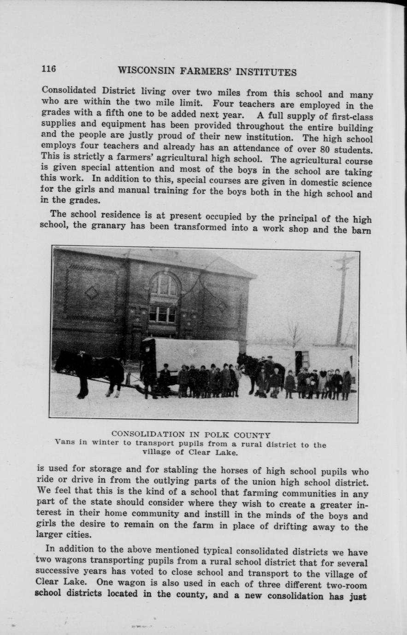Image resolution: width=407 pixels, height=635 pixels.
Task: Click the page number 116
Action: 48,69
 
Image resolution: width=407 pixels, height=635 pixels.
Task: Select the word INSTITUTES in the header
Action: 269,72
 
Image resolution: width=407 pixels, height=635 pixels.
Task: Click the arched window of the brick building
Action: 164,286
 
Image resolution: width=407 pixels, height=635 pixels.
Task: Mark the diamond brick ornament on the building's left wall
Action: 92,293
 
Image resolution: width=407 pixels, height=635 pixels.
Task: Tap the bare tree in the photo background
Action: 293,333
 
